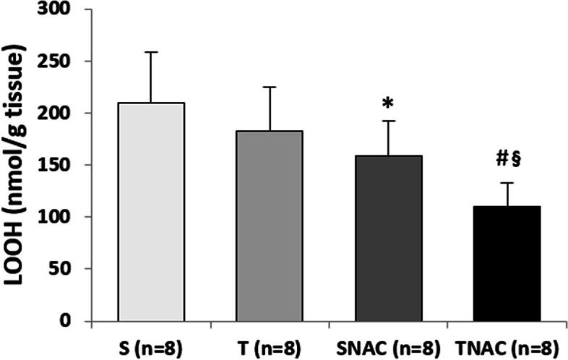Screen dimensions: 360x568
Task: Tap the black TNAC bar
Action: tap(506, 263)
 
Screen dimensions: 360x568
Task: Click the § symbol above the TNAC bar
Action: tap(515, 160)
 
